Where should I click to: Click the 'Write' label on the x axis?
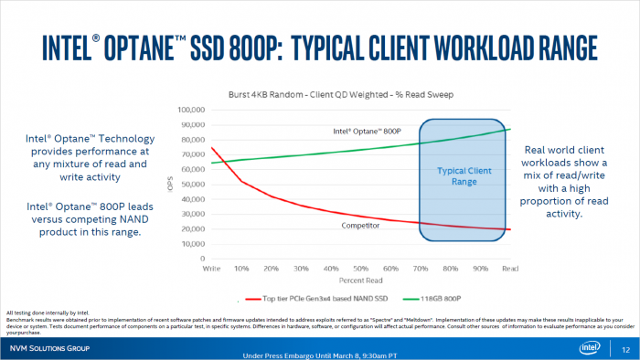(213, 270)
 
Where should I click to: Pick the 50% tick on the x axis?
(361, 270)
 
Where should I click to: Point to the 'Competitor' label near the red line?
(361, 225)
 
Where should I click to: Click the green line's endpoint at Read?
(509, 129)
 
